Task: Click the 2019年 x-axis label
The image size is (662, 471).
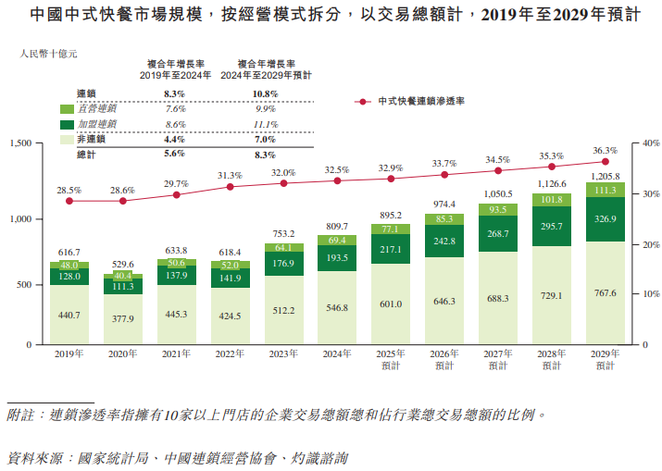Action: click(69, 353)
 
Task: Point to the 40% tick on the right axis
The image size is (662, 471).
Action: click(650, 143)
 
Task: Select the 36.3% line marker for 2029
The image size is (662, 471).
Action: click(605, 161)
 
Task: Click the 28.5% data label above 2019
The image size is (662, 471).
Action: click(69, 190)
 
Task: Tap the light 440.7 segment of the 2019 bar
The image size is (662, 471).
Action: click(69, 316)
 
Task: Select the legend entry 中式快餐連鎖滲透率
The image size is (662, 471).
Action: click(420, 101)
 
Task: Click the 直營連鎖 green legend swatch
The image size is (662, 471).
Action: click(67, 109)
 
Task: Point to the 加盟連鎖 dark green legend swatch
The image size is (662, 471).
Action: click(67, 124)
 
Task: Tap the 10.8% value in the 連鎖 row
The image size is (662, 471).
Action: click(265, 94)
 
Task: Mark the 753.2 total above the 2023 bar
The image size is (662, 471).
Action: click(283, 234)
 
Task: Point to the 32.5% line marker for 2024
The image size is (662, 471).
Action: click(337, 180)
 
